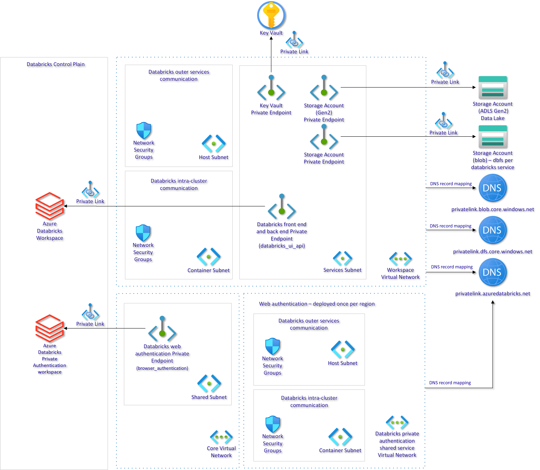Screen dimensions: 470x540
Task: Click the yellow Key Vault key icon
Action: (x=271, y=15)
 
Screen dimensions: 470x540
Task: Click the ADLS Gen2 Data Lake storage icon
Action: (x=493, y=88)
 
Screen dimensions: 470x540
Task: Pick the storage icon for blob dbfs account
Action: (x=493, y=137)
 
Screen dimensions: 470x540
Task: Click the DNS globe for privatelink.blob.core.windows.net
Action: (x=492, y=188)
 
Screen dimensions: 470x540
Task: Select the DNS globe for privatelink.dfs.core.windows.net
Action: (x=492, y=230)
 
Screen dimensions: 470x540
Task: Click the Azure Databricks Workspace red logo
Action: (x=49, y=206)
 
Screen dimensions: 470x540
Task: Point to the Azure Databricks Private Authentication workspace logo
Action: (x=49, y=328)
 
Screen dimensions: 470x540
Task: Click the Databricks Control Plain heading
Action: (x=56, y=64)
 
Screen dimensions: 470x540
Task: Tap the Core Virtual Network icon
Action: (x=221, y=437)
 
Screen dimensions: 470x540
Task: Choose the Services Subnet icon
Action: (x=342, y=258)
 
